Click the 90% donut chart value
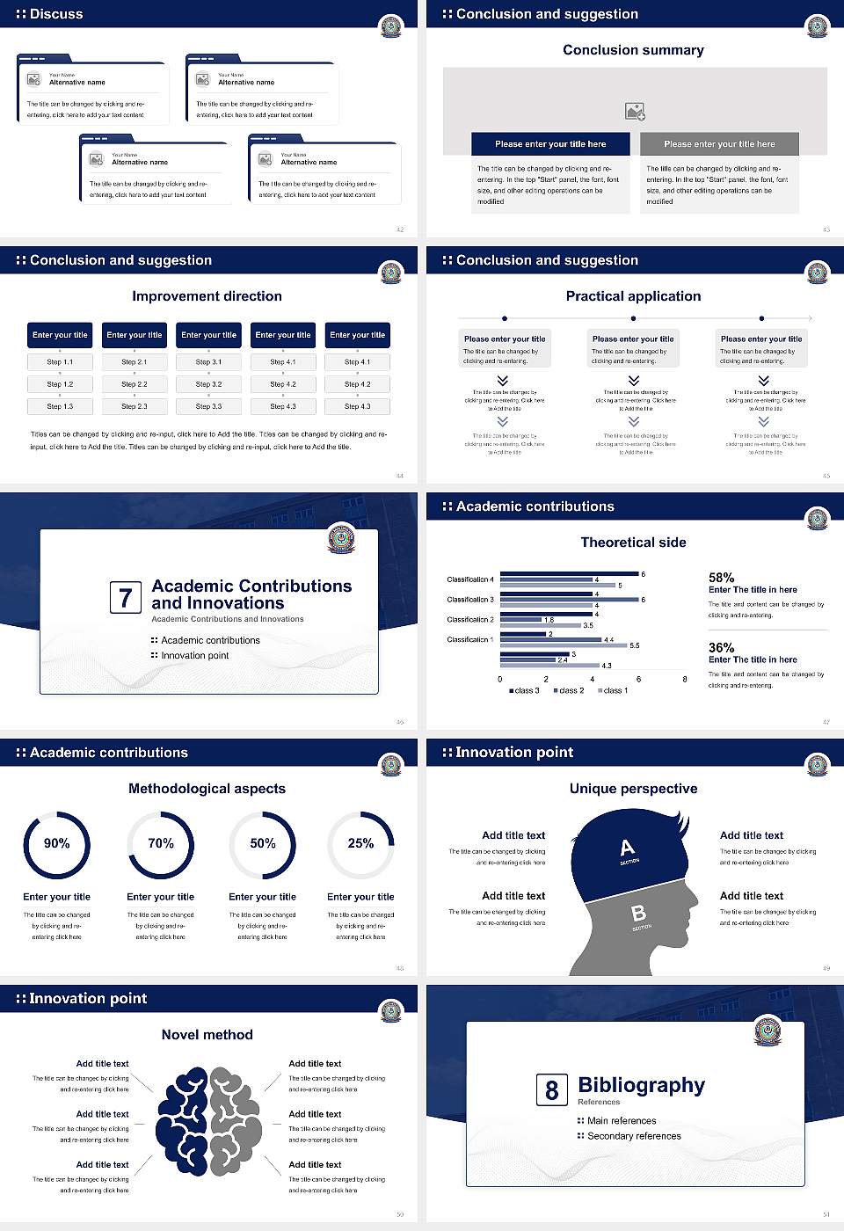pos(57,843)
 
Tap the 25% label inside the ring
pos(360,843)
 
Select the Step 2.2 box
pos(135,384)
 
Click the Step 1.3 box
pos(60,406)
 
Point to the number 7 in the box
pos(125,598)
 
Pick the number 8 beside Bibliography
pos(551,1090)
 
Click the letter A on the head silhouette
pos(627,849)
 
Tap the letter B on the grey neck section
pos(639,914)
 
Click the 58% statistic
pos(722,578)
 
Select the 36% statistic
pos(722,648)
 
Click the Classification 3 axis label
pos(470,600)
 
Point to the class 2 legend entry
pos(569,690)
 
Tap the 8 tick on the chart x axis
pos(685,679)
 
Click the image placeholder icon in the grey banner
pos(635,112)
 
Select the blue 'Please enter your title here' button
pos(550,144)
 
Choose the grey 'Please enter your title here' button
pos(719,144)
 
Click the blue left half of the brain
pos(183,1121)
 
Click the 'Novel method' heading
pos(207,1035)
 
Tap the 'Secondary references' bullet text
pos(634,1136)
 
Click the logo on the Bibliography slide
pos(768,1031)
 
